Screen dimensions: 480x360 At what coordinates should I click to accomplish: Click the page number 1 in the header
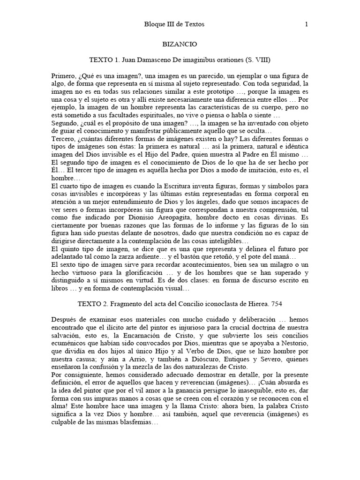pyautogui.click(x=306, y=24)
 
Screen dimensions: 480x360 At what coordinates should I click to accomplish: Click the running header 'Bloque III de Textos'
pyautogui.click(x=175, y=24)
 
